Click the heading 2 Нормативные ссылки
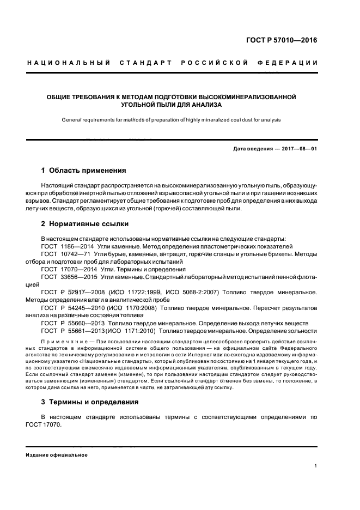click(x=82, y=224)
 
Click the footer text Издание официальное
click(x=57, y=454)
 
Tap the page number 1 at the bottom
click(x=316, y=466)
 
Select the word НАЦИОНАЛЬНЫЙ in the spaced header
click(x=66, y=63)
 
